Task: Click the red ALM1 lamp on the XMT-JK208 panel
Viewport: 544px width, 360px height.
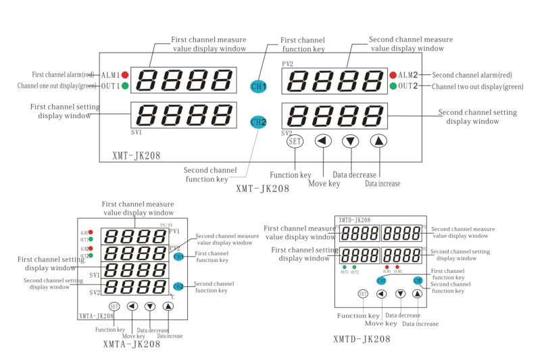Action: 125,74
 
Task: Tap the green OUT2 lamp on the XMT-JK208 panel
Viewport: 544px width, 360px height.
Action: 393,86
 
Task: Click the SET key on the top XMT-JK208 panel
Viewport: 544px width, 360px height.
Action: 294,141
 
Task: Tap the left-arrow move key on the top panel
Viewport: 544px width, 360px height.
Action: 324,141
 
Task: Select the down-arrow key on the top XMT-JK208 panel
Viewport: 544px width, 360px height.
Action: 349,141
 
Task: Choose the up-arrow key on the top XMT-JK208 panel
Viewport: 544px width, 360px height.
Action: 379,141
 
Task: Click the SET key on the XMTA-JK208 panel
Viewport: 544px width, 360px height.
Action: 114,306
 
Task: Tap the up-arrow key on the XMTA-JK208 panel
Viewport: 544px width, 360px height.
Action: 168,306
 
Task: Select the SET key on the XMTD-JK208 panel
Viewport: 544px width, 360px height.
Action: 363,294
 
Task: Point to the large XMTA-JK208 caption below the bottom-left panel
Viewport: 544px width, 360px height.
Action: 132,344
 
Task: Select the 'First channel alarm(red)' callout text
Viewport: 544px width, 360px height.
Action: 63,74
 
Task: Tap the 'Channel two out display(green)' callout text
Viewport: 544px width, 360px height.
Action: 477,86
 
